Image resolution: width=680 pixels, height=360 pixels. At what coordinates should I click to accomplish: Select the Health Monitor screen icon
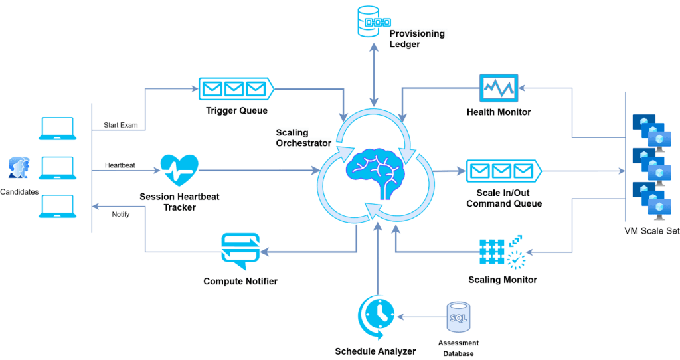click(498, 88)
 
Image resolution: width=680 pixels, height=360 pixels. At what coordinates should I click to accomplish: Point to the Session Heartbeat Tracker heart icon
click(179, 171)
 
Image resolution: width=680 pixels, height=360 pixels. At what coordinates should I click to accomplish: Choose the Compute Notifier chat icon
click(240, 251)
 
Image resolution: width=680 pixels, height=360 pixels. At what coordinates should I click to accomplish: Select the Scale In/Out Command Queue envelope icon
click(503, 172)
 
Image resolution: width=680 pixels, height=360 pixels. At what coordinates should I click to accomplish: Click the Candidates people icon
click(19, 169)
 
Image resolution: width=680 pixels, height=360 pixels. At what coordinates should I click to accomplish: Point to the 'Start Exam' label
click(120, 125)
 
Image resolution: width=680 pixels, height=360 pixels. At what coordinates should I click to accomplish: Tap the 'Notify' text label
click(120, 214)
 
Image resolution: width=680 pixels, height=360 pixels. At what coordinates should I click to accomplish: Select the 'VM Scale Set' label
click(651, 231)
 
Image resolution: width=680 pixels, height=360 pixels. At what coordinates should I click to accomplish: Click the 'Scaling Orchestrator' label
click(303, 138)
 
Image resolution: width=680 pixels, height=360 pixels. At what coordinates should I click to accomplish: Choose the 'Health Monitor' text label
click(499, 112)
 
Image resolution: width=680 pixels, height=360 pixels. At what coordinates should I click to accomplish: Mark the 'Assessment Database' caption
click(458, 348)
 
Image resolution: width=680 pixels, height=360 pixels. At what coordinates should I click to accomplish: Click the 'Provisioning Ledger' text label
click(417, 39)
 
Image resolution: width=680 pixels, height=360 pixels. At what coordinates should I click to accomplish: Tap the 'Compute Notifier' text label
click(240, 282)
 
